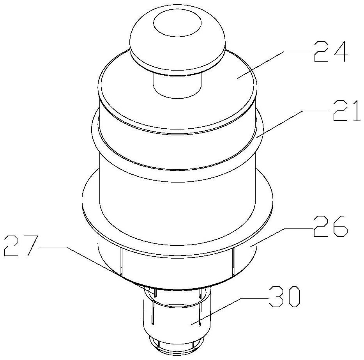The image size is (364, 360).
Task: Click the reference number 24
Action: click(x=330, y=51)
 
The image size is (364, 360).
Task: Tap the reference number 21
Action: click(x=346, y=110)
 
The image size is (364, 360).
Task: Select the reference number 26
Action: click(x=330, y=226)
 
